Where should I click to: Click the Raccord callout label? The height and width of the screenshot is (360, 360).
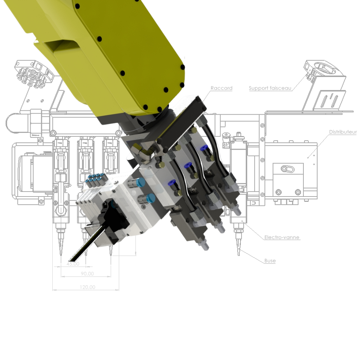tap(221, 88)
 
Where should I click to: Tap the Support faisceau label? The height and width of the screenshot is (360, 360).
tap(270, 88)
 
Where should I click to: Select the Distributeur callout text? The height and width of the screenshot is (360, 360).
tap(343, 132)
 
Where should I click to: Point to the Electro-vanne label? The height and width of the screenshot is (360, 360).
tap(282, 237)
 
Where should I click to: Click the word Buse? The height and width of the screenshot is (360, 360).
tap(270, 261)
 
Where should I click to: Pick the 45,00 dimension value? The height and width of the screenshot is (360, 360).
tap(73, 264)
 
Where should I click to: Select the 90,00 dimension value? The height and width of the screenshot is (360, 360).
tap(87, 274)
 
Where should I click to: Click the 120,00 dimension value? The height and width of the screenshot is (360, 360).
tap(88, 287)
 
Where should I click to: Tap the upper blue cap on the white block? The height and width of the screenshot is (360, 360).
tap(141, 182)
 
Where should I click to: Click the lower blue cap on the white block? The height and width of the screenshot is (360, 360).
tap(150, 198)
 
